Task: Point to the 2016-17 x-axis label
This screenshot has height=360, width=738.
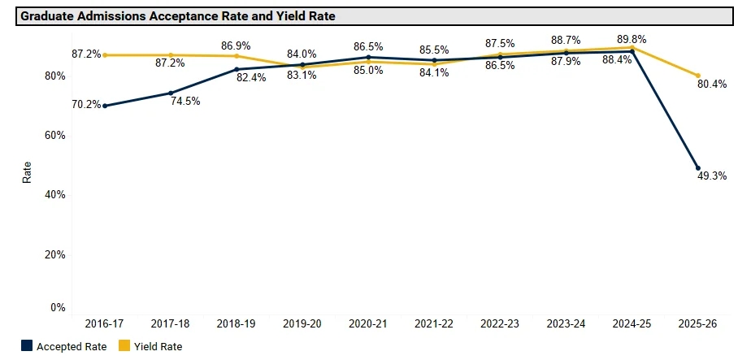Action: [x=104, y=323]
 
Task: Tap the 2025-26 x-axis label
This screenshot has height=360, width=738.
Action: [x=698, y=323]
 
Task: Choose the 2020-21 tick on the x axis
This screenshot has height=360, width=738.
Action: [x=368, y=323]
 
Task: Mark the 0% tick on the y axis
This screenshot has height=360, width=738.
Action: [x=58, y=308]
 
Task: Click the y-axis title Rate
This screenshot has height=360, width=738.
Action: [x=27, y=172]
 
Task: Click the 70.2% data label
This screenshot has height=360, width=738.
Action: [x=86, y=104]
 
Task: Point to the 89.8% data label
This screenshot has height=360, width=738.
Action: [x=632, y=39]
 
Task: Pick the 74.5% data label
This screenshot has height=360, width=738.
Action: [x=185, y=102]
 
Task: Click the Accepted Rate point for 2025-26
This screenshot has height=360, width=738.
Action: [x=698, y=168]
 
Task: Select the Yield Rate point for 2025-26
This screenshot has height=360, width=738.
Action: [x=698, y=76]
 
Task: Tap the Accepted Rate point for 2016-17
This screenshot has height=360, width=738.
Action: [x=104, y=106]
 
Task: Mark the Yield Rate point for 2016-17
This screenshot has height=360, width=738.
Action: [x=104, y=55]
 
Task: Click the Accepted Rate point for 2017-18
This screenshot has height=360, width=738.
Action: [x=171, y=93]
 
